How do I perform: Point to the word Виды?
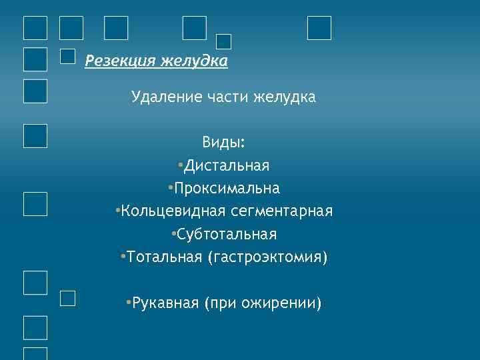pos(224,143)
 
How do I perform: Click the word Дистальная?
pos(227,165)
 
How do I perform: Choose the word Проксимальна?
pos(227,189)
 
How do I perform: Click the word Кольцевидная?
pos(173,211)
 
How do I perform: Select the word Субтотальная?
pos(227,235)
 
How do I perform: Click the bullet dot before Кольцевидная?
pos(117,211)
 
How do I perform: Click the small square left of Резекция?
pos(68,57)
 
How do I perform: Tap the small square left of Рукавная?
pos(68,298)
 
